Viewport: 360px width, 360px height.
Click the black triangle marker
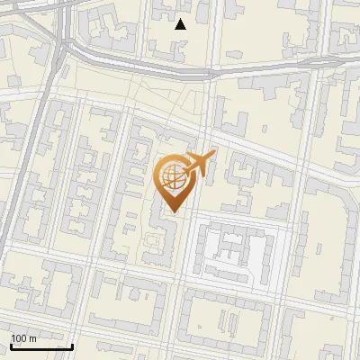point(180,24)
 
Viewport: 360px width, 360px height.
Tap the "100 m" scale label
point(24,338)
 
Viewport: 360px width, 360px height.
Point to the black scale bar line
point(41,346)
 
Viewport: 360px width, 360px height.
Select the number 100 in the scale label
point(19,338)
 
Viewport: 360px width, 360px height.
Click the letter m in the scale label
point(33,338)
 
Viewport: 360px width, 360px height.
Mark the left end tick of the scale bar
point(11,345)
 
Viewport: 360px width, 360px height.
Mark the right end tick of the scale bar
point(72,345)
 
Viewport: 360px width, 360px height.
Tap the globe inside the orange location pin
point(172,175)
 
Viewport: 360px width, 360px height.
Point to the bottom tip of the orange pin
point(172,212)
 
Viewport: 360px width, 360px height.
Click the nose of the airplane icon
point(214,154)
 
